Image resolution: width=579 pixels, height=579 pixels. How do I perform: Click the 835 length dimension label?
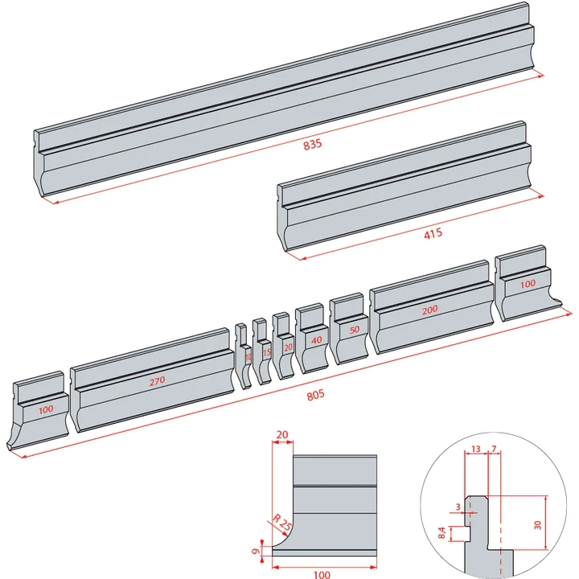(x=312, y=145)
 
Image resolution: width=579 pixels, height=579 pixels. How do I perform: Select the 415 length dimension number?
(x=433, y=235)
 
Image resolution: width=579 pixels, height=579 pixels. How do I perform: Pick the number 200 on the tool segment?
(x=430, y=310)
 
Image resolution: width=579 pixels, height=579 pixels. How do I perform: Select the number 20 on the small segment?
(x=288, y=347)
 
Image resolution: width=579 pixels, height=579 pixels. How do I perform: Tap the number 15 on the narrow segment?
(x=266, y=352)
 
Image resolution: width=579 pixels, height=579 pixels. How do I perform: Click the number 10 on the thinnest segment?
(x=248, y=356)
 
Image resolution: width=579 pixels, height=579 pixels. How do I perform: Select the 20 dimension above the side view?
(x=282, y=434)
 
